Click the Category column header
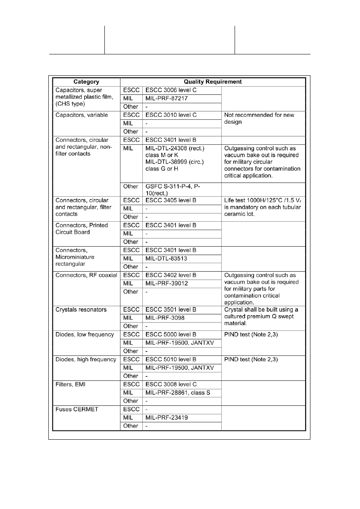coord(86,82)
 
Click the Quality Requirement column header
coord(213,82)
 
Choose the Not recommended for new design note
coord(259,118)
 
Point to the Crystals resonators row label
coord(81,310)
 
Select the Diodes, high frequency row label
coord(86,359)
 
